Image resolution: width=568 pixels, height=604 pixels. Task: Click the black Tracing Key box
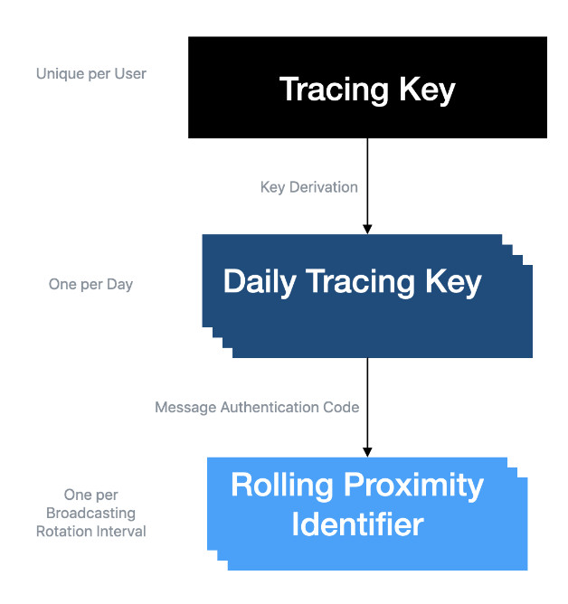point(367,88)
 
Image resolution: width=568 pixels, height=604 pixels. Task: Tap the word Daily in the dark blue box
point(260,282)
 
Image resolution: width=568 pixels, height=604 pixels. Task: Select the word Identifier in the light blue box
point(357,524)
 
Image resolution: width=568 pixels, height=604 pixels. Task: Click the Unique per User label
point(91,74)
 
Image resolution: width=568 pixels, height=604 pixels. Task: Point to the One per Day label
point(90,285)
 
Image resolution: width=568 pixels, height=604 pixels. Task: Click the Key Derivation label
point(309,187)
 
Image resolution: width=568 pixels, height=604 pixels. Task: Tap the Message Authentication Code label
point(257,407)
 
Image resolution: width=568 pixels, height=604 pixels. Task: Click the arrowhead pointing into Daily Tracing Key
point(367,229)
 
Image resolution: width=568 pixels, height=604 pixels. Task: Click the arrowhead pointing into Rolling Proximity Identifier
point(367,452)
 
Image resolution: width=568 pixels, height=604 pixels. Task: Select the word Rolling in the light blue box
point(281,486)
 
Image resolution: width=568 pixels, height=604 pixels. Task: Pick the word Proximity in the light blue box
point(413,486)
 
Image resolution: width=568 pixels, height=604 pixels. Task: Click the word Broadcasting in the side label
point(91,514)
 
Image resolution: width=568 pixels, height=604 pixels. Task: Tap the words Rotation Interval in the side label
point(91,532)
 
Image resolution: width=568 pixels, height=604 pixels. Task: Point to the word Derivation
point(324,187)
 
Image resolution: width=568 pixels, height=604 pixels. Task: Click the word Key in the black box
point(427,90)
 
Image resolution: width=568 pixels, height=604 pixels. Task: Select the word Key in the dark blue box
point(453,282)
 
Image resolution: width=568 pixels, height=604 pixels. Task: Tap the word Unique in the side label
point(60,74)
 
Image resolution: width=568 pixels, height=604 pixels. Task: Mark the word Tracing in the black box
point(334,90)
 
